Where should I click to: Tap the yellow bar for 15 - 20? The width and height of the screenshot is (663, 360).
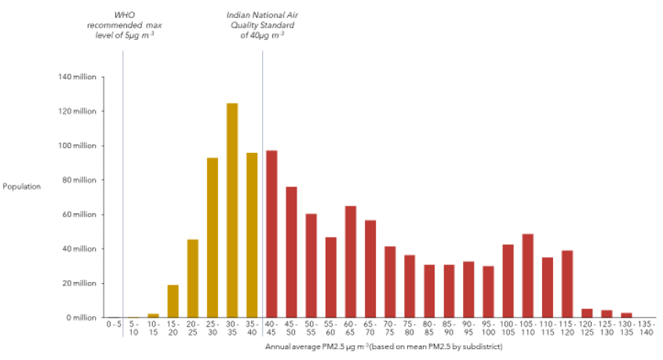[x=173, y=301]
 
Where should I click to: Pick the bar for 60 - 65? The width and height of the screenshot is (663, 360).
[x=351, y=262]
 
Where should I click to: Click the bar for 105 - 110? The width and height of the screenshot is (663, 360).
[x=528, y=275]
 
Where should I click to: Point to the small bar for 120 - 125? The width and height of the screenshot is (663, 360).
[x=587, y=313]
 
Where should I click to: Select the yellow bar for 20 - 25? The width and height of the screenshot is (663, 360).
[x=192, y=278]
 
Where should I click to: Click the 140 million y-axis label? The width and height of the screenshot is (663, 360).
[x=77, y=77]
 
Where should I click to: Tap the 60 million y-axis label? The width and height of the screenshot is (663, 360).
[x=79, y=214]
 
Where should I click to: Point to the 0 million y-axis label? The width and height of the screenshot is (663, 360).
[x=81, y=318]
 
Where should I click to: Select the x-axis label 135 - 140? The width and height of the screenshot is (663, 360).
[x=647, y=329]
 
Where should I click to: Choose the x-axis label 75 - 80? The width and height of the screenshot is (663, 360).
[x=410, y=329]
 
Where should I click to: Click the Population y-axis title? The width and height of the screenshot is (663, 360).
[x=21, y=187]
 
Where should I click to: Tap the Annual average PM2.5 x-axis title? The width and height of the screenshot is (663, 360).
[x=384, y=346]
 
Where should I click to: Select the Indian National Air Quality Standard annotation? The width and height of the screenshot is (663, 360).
[x=262, y=25]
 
